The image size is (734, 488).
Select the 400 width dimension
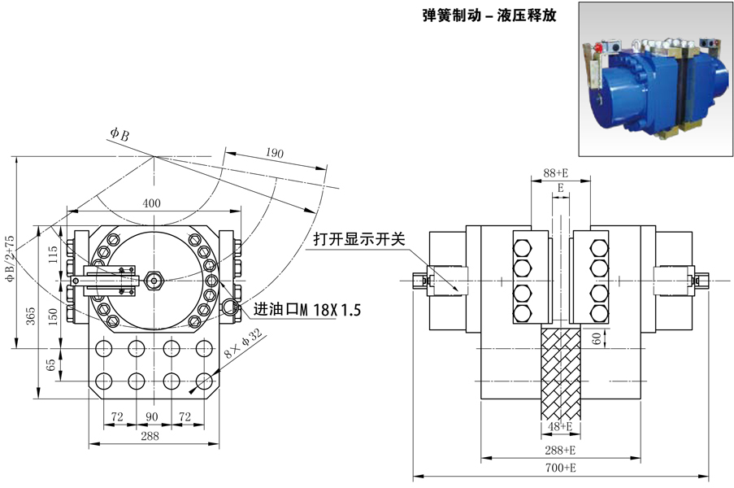tap(152, 203)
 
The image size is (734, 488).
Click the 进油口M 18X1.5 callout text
tap(306, 310)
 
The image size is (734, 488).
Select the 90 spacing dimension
tap(152, 416)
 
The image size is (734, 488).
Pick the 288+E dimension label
tap(559, 449)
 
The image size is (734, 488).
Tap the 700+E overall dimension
tap(559, 468)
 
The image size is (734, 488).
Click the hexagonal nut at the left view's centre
tap(154, 282)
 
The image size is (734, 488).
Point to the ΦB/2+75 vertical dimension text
tap(11, 259)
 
